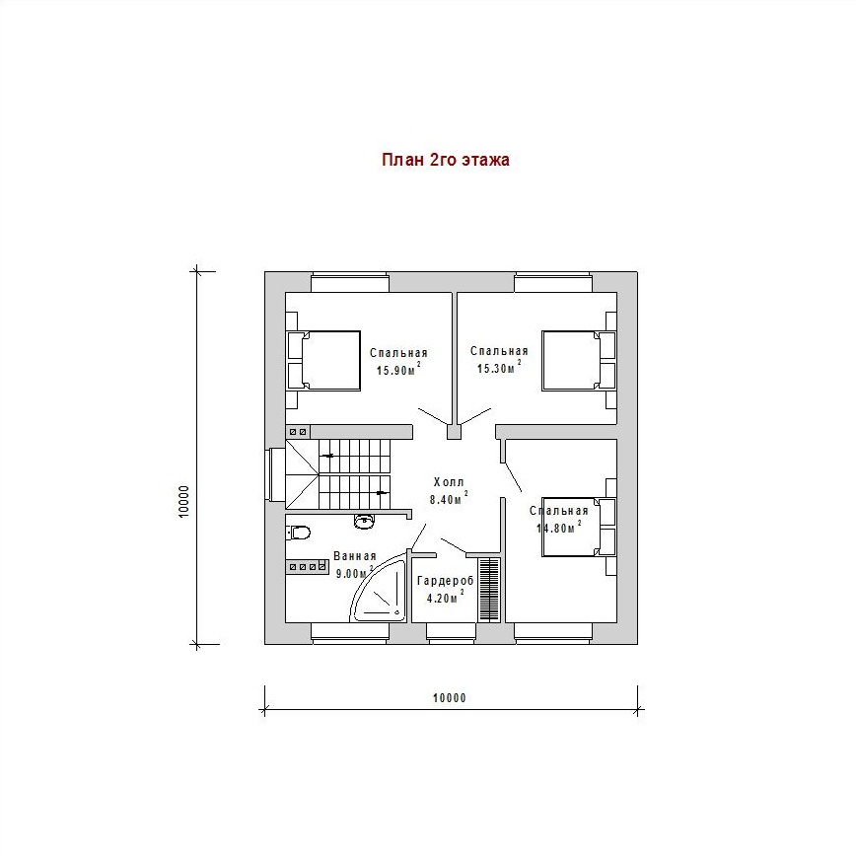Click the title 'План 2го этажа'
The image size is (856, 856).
pos(446,160)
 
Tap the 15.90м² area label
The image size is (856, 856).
pos(398,369)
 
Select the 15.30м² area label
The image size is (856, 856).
pos(499,367)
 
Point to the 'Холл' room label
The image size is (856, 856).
pos(449,482)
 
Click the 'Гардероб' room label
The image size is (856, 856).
pos(446,581)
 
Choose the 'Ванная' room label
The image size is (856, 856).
pos(355,556)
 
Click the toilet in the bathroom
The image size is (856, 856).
pos(298,532)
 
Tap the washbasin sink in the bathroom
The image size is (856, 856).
pos(364,521)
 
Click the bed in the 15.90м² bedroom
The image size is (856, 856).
pos(323,360)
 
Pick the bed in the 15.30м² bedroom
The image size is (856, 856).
pos(579,360)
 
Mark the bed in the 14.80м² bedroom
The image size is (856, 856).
pos(579,527)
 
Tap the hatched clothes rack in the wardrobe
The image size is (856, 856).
pos(490,589)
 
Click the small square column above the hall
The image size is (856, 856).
pos(454,432)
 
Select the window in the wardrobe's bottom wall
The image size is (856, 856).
pos(451,633)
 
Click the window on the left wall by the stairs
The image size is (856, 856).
pos(275,473)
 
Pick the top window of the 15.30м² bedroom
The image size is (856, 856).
pos(553,282)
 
